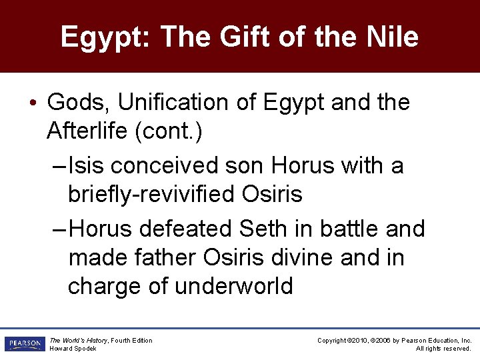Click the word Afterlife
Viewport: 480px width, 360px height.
87,131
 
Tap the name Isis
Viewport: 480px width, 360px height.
87,165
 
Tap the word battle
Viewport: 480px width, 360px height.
347,229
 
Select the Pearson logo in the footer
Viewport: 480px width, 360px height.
24,344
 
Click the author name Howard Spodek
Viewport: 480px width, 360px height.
73,349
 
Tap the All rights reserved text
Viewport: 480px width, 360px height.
443,349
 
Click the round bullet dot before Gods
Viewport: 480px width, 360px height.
32,103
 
